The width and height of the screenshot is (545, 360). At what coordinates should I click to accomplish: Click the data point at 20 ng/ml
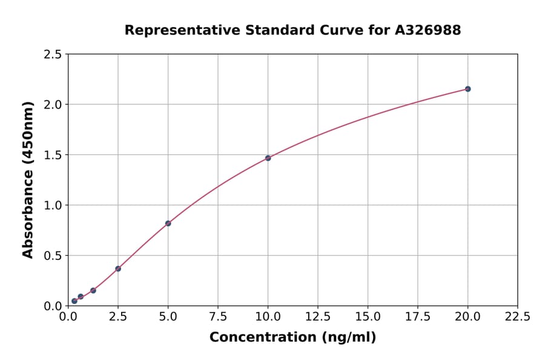pyautogui.click(x=467, y=89)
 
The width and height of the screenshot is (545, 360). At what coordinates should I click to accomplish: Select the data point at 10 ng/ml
pyautogui.click(x=268, y=158)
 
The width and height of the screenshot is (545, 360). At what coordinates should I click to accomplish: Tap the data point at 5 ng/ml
pyautogui.click(x=168, y=224)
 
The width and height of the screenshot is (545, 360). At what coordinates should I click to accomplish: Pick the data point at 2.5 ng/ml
pyautogui.click(x=118, y=268)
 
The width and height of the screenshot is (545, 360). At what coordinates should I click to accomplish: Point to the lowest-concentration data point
pyautogui.click(x=74, y=301)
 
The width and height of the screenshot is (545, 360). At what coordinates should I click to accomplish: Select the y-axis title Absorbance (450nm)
pyautogui.click(x=28, y=180)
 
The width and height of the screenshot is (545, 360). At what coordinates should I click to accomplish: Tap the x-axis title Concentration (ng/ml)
pyautogui.click(x=292, y=338)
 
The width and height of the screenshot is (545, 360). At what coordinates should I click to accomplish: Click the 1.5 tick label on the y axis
pyautogui.click(x=53, y=155)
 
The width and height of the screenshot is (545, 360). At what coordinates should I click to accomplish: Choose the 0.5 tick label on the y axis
pyautogui.click(x=53, y=256)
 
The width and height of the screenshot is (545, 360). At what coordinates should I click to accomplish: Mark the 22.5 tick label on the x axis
pyautogui.click(x=517, y=316)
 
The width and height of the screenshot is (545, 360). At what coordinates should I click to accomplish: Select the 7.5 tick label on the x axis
pyautogui.click(x=218, y=316)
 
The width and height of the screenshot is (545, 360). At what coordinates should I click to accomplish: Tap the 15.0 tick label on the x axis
pyautogui.click(x=368, y=316)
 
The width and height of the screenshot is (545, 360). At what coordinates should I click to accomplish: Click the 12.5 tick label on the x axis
pyautogui.click(x=318, y=316)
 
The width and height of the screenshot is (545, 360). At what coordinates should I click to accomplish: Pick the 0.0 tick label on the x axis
pyautogui.click(x=68, y=316)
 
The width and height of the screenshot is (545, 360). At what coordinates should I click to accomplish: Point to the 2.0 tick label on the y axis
pyautogui.click(x=53, y=105)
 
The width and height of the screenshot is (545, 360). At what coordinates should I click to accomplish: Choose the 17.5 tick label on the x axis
pyautogui.click(x=418, y=316)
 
